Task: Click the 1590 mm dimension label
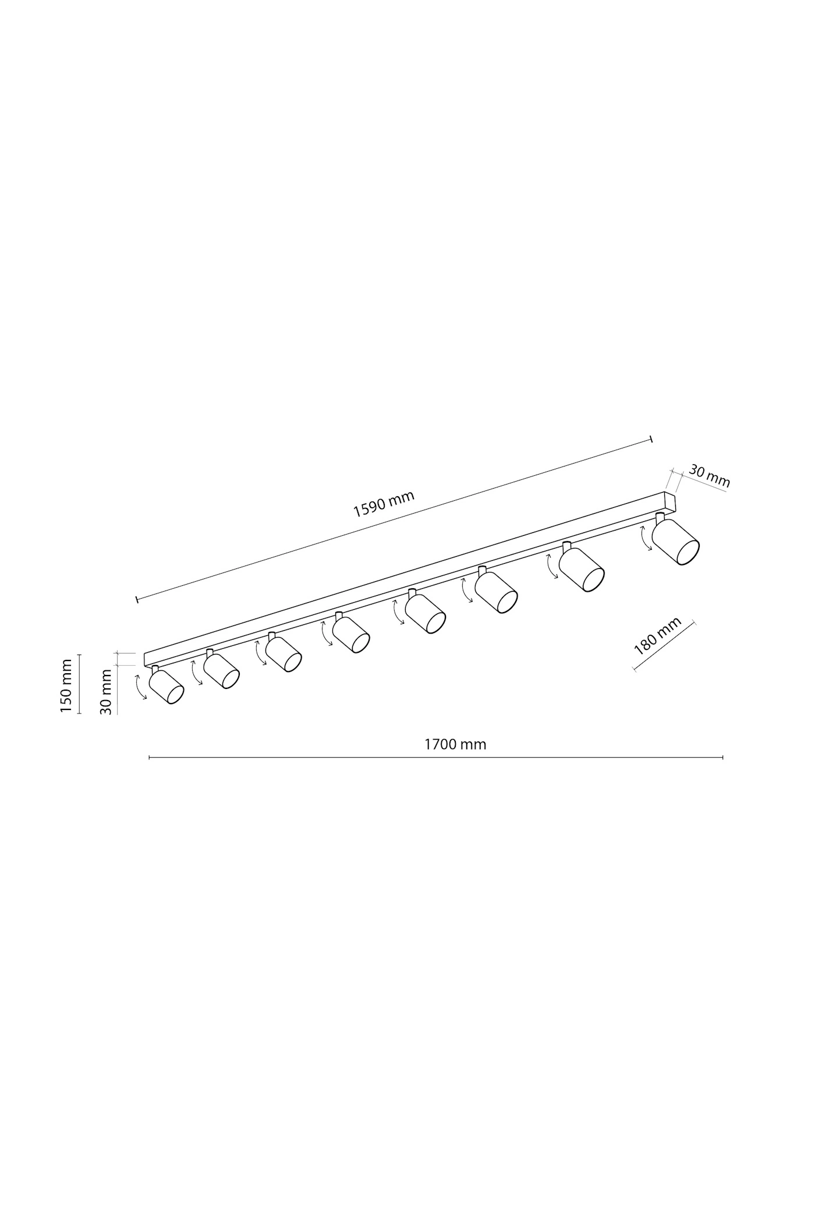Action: (384, 504)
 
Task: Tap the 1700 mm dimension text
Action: (455, 744)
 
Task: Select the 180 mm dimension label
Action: (657, 636)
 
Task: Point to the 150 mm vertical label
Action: (66, 685)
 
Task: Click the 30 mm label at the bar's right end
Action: (709, 475)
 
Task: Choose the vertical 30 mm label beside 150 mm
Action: (105, 692)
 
